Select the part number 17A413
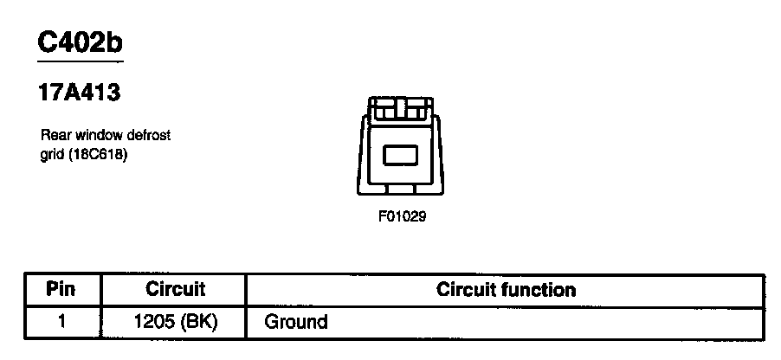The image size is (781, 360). click(78, 93)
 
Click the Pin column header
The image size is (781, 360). click(61, 288)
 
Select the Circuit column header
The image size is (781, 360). click(175, 288)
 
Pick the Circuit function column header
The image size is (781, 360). click(506, 288)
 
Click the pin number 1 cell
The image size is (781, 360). click(61, 322)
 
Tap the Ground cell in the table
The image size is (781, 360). click(296, 322)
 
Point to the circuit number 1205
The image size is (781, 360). click(155, 322)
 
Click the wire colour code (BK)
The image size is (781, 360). click(198, 322)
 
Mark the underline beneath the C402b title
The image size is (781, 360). click(81, 61)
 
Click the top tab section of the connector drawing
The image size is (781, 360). click(401, 107)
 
